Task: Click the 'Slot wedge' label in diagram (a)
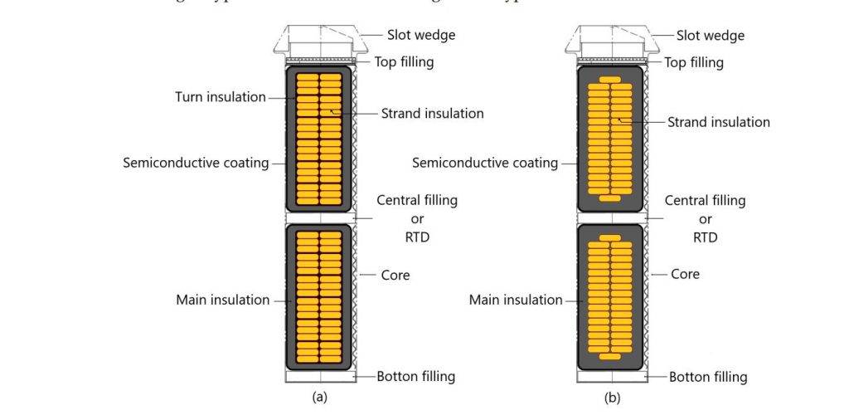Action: pos(420,35)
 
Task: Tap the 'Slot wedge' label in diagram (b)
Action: pos(710,36)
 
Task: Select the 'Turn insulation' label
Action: pos(220,97)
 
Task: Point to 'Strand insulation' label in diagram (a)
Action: pos(432,113)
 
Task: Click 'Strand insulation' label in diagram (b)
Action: pos(718,122)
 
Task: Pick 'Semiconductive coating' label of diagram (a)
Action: pos(196,163)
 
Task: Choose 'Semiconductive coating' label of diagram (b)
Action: pos(485,163)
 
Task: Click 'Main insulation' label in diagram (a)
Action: pos(222,300)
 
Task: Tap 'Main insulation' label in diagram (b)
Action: pos(516,300)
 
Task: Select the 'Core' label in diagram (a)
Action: pos(395,275)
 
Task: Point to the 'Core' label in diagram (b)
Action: pos(685,274)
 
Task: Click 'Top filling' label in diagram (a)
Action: pos(403,61)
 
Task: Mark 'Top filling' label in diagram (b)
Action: pos(693,62)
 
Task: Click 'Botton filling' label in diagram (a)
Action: pos(415,376)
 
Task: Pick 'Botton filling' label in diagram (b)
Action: pos(708,377)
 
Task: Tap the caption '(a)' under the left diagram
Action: pos(319,398)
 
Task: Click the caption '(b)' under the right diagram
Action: pos(611,398)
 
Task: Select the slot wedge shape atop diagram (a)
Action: pos(320,42)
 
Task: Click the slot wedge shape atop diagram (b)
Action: pos(610,42)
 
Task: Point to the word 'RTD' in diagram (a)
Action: pos(417,237)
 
